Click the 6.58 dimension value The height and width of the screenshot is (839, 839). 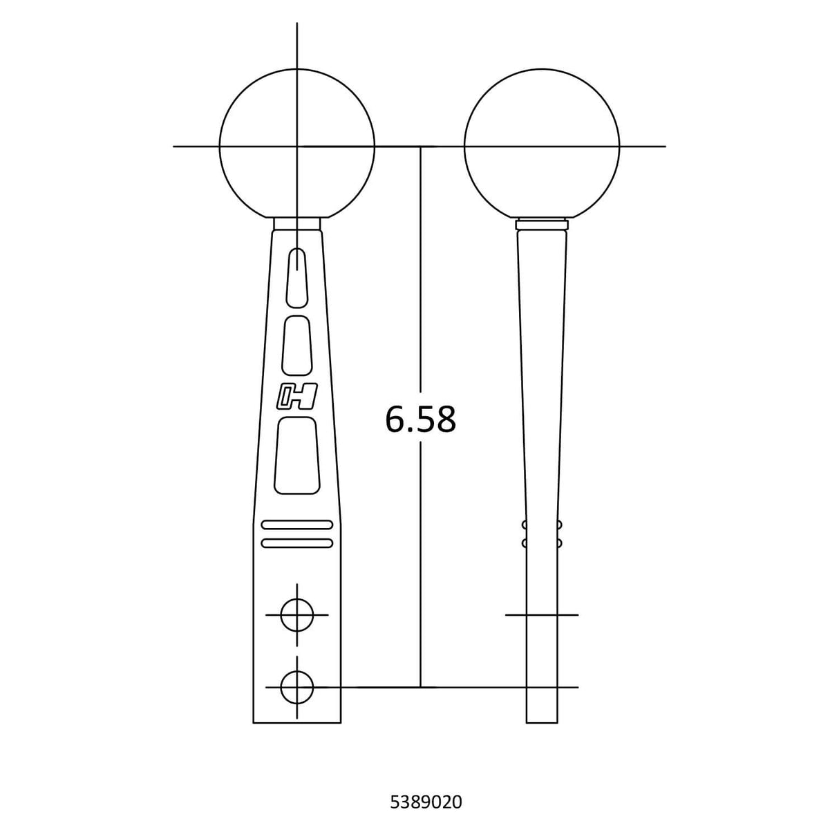421,419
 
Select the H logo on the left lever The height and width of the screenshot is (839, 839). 297,396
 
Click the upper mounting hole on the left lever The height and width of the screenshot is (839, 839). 297,615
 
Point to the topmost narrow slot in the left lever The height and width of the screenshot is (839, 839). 297,277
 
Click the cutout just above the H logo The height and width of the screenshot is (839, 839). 297,346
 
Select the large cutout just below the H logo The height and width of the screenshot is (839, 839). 297,455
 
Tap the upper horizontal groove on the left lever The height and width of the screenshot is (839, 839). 297,525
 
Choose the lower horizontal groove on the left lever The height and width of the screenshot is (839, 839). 297,543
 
